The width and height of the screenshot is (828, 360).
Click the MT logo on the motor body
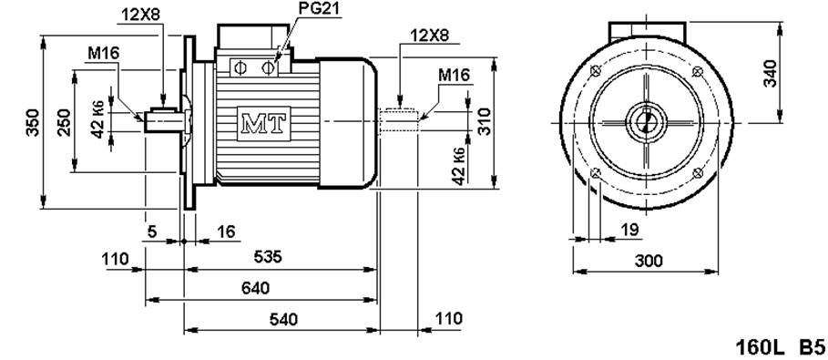[264, 124]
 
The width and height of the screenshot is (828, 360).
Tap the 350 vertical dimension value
[33, 122]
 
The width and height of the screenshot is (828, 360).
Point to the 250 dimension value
[64, 122]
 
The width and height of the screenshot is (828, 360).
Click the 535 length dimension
[268, 257]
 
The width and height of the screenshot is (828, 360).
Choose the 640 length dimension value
[255, 288]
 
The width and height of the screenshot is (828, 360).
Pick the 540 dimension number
[283, 319]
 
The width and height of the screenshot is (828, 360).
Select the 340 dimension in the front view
[771, 73]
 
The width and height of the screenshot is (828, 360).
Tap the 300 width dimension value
[649, 261]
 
